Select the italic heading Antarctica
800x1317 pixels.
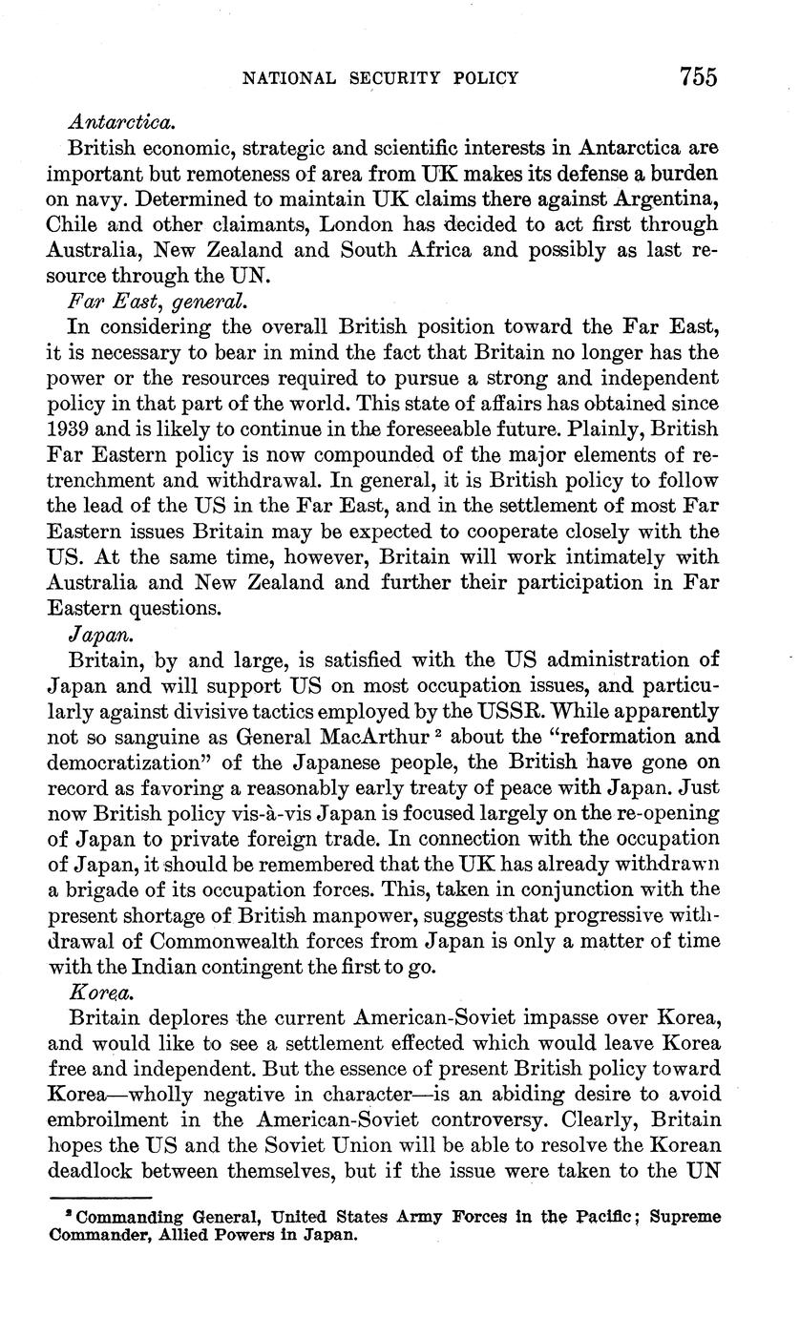pos(122,123)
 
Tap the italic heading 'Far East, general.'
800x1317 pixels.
pos(158,302)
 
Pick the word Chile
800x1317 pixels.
pos(71,224)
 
